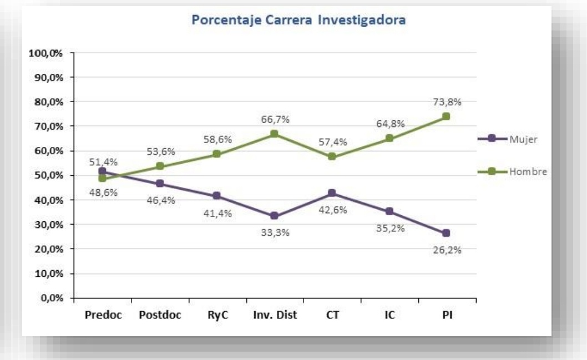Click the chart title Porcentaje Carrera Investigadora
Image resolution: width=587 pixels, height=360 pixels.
(x=299, y=21)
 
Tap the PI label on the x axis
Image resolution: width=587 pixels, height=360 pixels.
(x=446, y=316)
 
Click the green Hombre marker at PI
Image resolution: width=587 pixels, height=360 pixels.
(x=446, y=116)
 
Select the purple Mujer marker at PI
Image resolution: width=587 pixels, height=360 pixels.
(x=446, y=233)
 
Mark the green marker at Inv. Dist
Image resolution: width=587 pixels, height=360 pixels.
(x=274, y=134)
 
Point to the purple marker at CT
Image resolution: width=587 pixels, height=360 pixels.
(x=331, y=193)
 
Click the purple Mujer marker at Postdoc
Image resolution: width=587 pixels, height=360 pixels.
(x=160, y=184)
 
